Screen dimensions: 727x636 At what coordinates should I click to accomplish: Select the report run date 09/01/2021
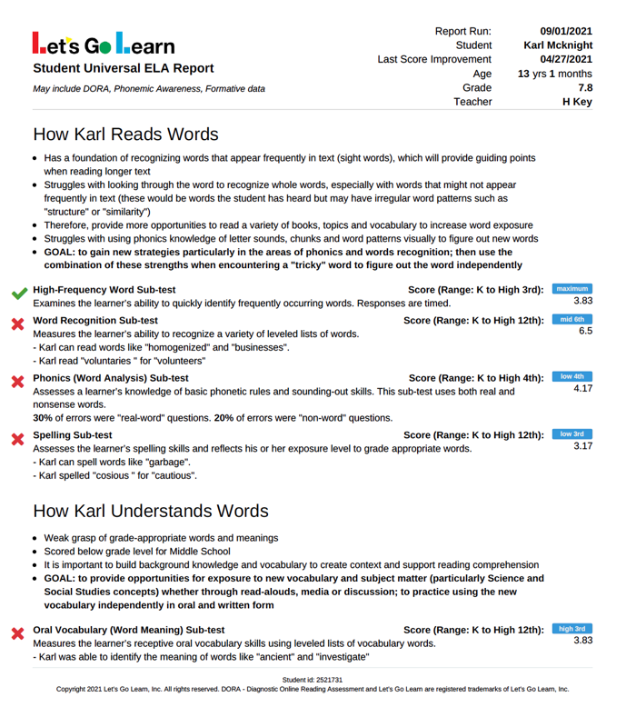pyautogui.click(x=565, y=30)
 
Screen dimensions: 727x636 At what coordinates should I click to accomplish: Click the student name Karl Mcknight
pyautogui.click(x=558, y=45)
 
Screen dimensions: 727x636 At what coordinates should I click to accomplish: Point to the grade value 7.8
pyautogui.click(x=584, y=88)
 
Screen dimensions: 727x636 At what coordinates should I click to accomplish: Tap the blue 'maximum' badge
pyautogui.click(x=572, y=289)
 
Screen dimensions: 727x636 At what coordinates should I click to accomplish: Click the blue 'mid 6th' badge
pyautogui.click(x=572, y=320)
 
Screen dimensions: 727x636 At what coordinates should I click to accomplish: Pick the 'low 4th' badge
pyautogui.click(x=572, y=376)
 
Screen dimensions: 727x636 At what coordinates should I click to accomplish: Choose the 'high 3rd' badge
pyautogui.click(x=572, y=629)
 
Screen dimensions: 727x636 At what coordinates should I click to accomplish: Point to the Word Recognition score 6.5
pyautogui.click(x=585, y=333)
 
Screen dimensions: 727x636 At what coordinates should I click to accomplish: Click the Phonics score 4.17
pyautogui.click(x=582, y=389)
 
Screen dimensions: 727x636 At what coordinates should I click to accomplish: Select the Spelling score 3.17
pyautogui.click(x=582, y=446)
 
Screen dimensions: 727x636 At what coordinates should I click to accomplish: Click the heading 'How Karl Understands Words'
pyautogui.click(x=150, y=511)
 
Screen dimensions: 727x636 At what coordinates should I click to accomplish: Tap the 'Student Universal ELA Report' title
pyautogui.click(x=124, y=68)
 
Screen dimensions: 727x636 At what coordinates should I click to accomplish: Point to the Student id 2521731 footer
pyautogui.click(x=312, y=680)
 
